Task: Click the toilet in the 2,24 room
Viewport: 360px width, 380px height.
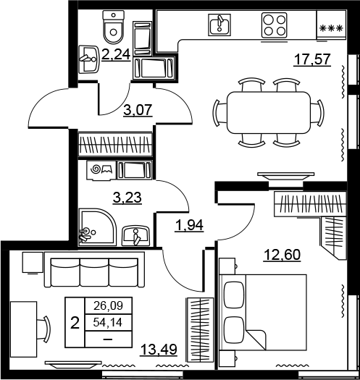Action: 114,27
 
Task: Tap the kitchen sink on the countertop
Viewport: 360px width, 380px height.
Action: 219,25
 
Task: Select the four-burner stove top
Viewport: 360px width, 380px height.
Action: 275,25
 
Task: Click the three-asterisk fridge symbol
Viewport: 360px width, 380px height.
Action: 331,28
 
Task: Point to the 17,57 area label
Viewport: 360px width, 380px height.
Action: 312,59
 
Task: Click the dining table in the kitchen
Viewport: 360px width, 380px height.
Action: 269,112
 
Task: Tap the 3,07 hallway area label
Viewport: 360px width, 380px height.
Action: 138,110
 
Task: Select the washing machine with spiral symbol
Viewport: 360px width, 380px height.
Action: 101,170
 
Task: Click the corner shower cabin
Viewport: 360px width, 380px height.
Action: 98,227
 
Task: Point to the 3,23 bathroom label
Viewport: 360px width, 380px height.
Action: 127,198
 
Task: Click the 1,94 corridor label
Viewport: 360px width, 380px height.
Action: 189,225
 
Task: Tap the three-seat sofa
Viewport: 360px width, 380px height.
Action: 94,269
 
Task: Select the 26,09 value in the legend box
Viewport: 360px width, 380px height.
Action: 108,306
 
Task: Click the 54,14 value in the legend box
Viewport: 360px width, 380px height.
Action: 108,323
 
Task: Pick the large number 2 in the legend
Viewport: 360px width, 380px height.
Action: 75,323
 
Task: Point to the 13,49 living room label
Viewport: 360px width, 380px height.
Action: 159,350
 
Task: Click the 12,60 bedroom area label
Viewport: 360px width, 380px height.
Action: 282,255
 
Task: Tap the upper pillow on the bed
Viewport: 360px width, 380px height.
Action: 234,295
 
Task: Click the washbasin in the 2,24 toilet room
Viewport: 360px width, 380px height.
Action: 89,59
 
